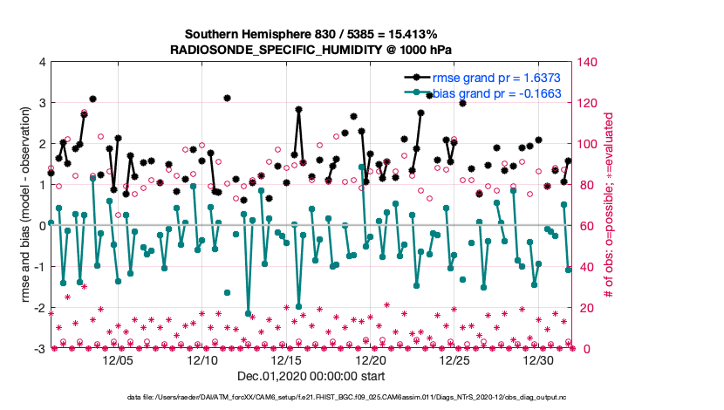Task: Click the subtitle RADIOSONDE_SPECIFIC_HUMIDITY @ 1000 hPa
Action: point(311,50)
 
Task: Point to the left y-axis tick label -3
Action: point(40,349)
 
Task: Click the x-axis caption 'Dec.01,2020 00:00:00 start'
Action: point(311,377)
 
